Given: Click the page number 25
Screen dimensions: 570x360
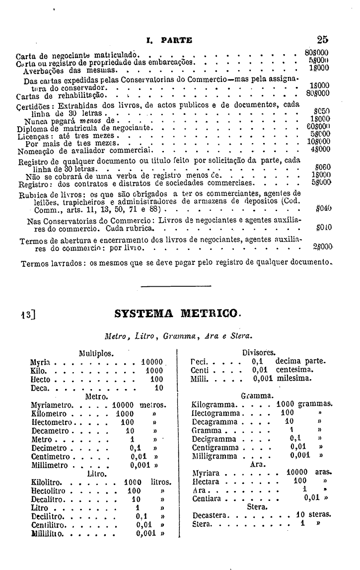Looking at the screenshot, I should (322, 40).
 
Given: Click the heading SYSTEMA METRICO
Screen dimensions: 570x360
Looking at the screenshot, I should (177, 314).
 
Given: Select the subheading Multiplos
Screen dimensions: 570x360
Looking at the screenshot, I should (96, 353).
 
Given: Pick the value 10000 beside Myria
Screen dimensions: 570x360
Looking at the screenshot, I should (152, 362).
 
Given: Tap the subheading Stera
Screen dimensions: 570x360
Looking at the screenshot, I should (257, 507).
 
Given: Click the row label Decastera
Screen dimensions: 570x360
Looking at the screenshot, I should (211, 515).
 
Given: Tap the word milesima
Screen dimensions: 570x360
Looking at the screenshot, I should (294, 378).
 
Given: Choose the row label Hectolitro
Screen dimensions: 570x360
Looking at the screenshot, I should (51, 490).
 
